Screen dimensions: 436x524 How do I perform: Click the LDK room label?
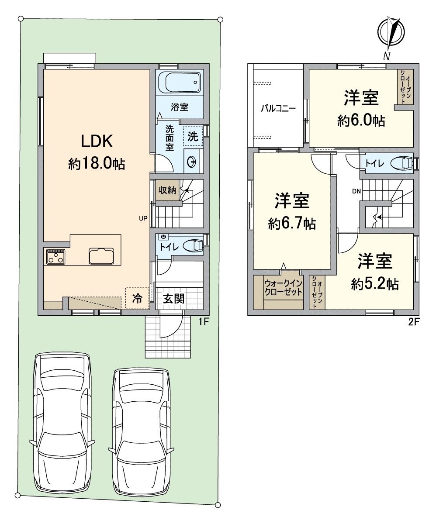tap(97, 141)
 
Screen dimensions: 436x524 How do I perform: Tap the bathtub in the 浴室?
tap(180, 83)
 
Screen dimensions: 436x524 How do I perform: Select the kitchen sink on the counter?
tap(101, 256)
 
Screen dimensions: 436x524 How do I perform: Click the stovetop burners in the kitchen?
tap(55, 256)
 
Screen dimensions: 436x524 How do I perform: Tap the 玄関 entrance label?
tap(174, 299)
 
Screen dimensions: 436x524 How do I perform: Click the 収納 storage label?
tap(167, 190)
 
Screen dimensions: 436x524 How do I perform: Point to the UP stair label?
tap(143, 219)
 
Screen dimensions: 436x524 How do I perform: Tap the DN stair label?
tap(356, 192)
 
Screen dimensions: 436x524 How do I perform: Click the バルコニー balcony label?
tap(278, 109)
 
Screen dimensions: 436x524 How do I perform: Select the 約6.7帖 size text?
tap(292, 223)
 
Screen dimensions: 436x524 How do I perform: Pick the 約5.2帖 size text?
tap(374, 284)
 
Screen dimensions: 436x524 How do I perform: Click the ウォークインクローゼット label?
tap(283, 288)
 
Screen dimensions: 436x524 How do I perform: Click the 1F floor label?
tap(204, 322)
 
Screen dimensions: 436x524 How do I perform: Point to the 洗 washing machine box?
tap(193, 136)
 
